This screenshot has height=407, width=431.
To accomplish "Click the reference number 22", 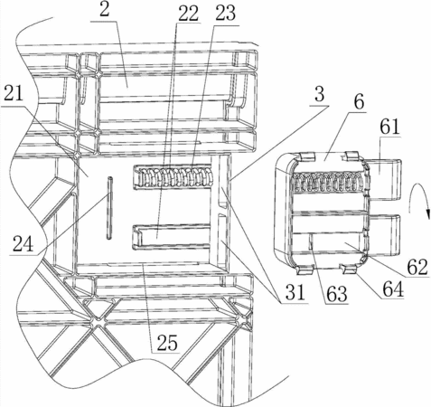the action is [188, 13].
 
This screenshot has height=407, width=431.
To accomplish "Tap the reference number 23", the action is [226, 14].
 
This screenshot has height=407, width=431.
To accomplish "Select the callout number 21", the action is [13, 94].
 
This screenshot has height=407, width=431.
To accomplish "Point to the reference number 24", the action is [23, 244].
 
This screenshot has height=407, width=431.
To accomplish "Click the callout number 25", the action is [167, 343].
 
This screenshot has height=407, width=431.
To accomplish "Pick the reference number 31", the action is [295, 292].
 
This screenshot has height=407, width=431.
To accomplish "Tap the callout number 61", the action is [389, 127].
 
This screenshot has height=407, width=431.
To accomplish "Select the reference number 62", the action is [417, 267].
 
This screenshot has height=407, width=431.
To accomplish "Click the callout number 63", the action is [337, 294].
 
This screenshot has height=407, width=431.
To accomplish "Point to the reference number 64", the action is [393, 289].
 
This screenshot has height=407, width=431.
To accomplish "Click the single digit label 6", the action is [359, 102].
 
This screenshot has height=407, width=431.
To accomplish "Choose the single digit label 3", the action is [319, 94].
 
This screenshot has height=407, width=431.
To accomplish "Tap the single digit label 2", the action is [105, 11].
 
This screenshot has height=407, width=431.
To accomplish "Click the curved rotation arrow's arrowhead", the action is [427, 214].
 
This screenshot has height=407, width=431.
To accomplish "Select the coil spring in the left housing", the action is [173, 177].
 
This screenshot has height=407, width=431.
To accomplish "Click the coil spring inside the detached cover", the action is [327, 182].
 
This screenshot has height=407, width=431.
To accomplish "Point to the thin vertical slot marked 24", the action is [109, 208].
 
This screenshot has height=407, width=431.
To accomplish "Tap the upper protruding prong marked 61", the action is [385, 179].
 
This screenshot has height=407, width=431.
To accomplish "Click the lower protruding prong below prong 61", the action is [385, 232].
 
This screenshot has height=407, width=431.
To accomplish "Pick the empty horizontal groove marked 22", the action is [172, 237].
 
